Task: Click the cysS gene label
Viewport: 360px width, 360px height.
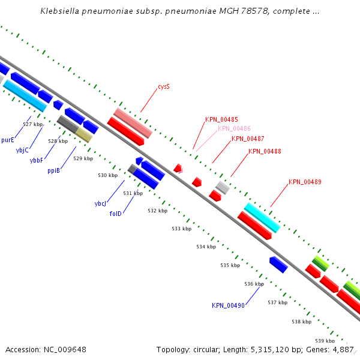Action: pos(164,86)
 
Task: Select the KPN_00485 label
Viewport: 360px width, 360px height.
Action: pos(221,119)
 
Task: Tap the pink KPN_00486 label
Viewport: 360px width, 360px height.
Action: pos(234,128)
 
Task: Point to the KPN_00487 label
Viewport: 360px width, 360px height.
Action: pos(248,139)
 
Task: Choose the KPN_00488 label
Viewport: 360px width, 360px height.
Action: pos(265,151)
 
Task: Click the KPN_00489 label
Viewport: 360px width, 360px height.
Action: pos(305,182)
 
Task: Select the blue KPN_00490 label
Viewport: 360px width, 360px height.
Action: pos(228,305)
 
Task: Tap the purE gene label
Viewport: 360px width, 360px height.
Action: pos(8,140)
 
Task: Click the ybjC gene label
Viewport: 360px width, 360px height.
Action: pos(22,151)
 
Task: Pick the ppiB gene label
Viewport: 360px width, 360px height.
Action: pos(54,170)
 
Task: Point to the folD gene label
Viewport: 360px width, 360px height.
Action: pos(115,214)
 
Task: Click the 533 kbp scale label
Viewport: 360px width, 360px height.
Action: pos(182,229)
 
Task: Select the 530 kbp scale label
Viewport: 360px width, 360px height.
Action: pos(107,175)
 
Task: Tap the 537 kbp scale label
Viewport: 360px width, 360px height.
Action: pos(278,302)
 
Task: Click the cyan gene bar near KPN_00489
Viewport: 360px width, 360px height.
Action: pos(262,218)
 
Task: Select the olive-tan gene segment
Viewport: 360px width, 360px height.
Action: pos(84,136)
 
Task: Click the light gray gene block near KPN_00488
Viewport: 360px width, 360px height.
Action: pos(223,188)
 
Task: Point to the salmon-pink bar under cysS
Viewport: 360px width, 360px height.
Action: pos(133,123)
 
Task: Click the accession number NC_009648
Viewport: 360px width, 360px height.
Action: pos(65,350)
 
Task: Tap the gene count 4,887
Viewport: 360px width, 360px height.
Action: pos(343,350)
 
